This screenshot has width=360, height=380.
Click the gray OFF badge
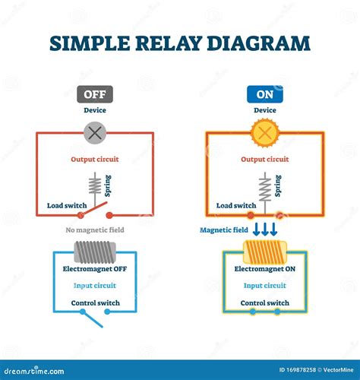[x=95, y=94]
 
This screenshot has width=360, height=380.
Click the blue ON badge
[x=265, y=94]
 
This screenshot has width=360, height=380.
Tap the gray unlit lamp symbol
[x=95, y=133]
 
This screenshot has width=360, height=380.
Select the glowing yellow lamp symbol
[x=265, y=133]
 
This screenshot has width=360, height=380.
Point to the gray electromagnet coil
[x=95, y=252]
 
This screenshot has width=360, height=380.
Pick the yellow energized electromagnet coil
[x=265, y=252]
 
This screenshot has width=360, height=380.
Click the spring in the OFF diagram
[x=95, y=186]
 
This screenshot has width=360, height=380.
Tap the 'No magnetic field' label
[x=95, y=230]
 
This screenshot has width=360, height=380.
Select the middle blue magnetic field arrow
[x=265, y=229]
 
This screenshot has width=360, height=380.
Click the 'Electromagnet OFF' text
[x=95, y=269]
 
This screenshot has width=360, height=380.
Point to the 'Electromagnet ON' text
[x=265, y=269]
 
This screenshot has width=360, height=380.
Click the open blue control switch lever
[x=93, y=319]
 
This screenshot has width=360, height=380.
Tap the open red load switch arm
[x=93, y=209]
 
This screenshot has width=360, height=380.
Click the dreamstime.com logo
[x=34, y=371]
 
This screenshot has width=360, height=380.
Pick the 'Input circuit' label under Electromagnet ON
[x=265, y=286]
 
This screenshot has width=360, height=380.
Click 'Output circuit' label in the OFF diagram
[x=95, y=160]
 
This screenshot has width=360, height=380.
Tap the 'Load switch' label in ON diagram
[x=236, y=205]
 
